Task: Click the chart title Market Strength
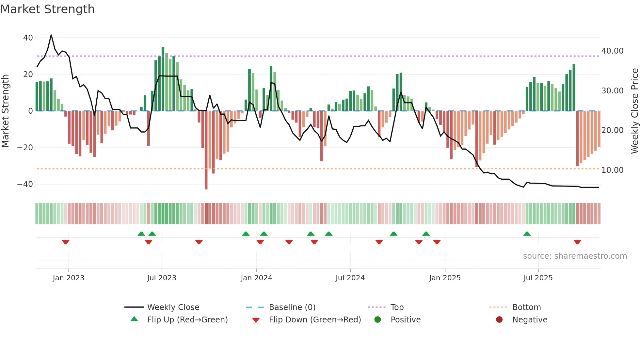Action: pyautogui.click(x=47, y=9)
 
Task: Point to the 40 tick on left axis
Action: pyautogui.click(x=28, y=38)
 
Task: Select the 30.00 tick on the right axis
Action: pyautogui.click(x=612, y=91)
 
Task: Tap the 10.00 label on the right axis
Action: pyautogui.click(x=612, y=170)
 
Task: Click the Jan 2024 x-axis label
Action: pyautogui.click(x=256, y=278)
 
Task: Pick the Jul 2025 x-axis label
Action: pyautogui.click(x=538, y=278)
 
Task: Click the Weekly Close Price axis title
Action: pyautogui.click(x=634, y=111)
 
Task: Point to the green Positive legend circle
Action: pyautogui.click(x=377, y=320)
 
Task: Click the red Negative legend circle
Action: pyautogui.click(x=499, y=320)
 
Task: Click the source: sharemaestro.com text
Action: pyautogui.click(x=575, y=256)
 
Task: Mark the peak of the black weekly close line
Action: pyautogui.click(x=51, y=35)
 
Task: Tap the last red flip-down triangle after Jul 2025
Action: pyautogui.click(x=577, y=242)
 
